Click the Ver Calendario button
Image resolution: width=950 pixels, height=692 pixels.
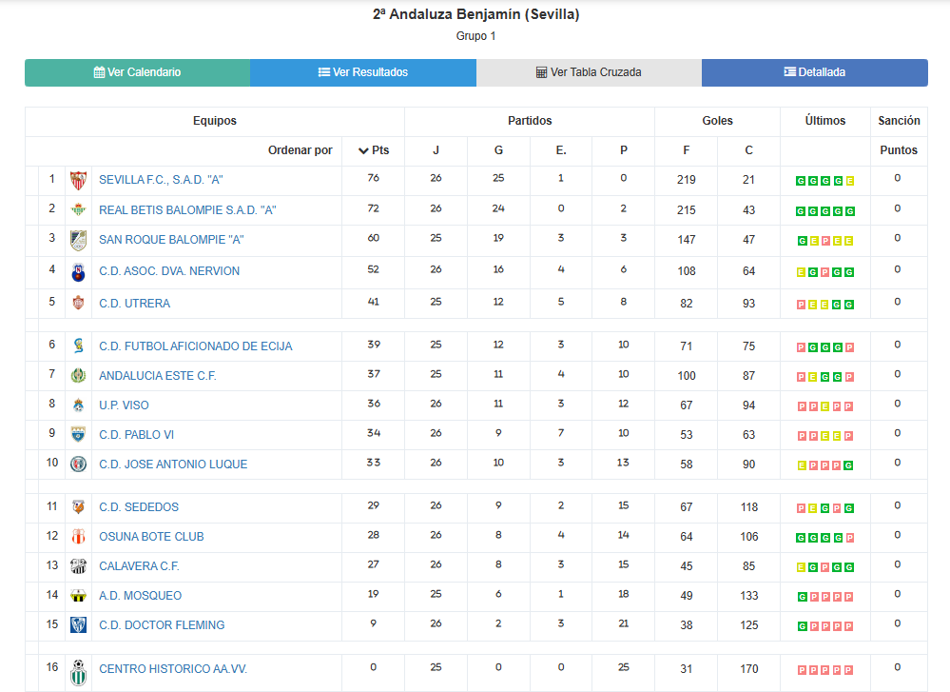(137, 72)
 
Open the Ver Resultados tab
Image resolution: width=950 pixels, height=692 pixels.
(362, 72)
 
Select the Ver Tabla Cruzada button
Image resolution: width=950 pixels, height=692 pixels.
(589, 72)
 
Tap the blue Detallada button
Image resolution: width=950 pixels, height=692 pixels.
(814, 72)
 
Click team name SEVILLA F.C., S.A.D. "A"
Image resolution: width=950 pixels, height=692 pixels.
(161, 180)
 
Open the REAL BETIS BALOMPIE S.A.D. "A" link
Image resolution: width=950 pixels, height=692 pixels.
(187, 210)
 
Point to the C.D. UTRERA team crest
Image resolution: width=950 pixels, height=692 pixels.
(78, 304)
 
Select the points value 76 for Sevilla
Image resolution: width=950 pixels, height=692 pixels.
(373, 178)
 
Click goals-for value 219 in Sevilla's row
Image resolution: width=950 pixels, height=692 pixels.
(687, 180)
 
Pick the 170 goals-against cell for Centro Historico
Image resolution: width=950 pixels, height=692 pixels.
(749, 669)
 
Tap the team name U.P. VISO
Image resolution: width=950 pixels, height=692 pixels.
(124, 405)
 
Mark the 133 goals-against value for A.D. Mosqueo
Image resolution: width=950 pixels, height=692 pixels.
(749, 596)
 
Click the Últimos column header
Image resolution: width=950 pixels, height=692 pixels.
(824, 121)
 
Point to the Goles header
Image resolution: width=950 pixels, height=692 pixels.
(717, 121)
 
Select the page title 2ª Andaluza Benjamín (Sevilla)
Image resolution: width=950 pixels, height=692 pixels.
(475, 14)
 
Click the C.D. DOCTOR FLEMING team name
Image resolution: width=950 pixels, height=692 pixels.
(162, 625)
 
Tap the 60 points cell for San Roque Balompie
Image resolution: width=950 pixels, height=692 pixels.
(373, 238)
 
